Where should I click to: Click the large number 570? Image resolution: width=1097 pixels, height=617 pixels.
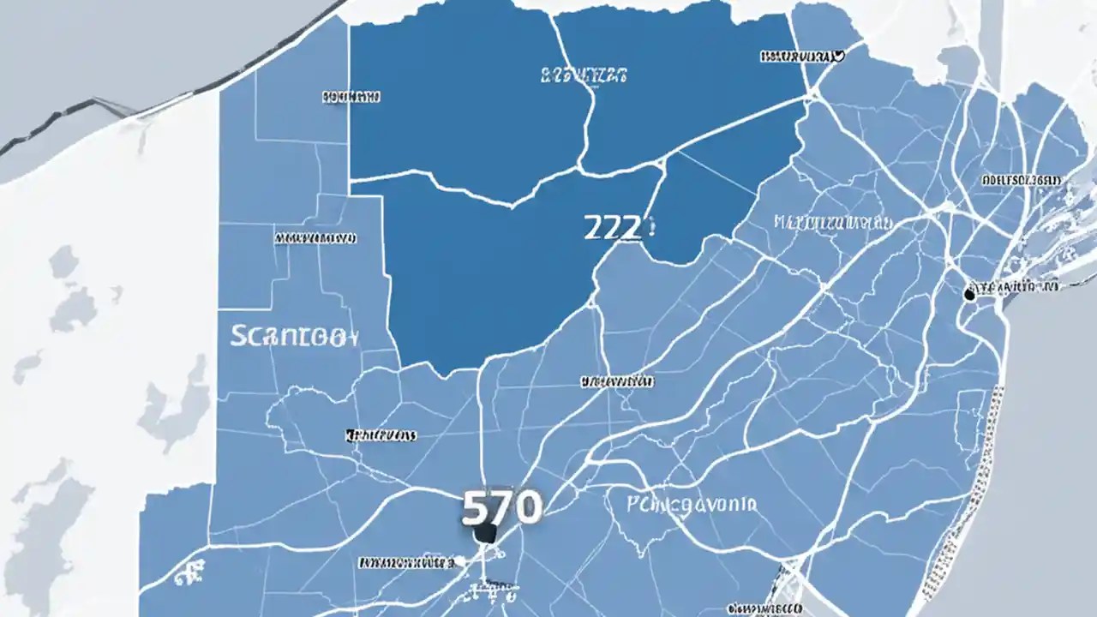tap(501, 507)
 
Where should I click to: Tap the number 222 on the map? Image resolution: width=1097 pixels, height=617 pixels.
tap(612, 227)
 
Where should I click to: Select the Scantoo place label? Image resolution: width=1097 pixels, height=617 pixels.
tap(292, 336)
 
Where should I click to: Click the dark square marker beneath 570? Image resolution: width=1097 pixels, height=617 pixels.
tap(485, 534)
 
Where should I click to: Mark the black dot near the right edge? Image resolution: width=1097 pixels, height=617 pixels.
tap(969, 294)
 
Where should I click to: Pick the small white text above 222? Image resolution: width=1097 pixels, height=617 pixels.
tap(584, 75)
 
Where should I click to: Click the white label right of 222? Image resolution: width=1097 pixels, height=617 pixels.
tap(833, 223)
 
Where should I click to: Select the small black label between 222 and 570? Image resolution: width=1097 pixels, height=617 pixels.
tap(615, 380)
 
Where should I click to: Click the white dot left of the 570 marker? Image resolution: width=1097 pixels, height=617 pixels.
tap(460, 561)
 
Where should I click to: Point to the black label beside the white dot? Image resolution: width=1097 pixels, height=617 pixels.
tap(406, 563)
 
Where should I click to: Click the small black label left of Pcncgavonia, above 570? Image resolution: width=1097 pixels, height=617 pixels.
tap(381, 435)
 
